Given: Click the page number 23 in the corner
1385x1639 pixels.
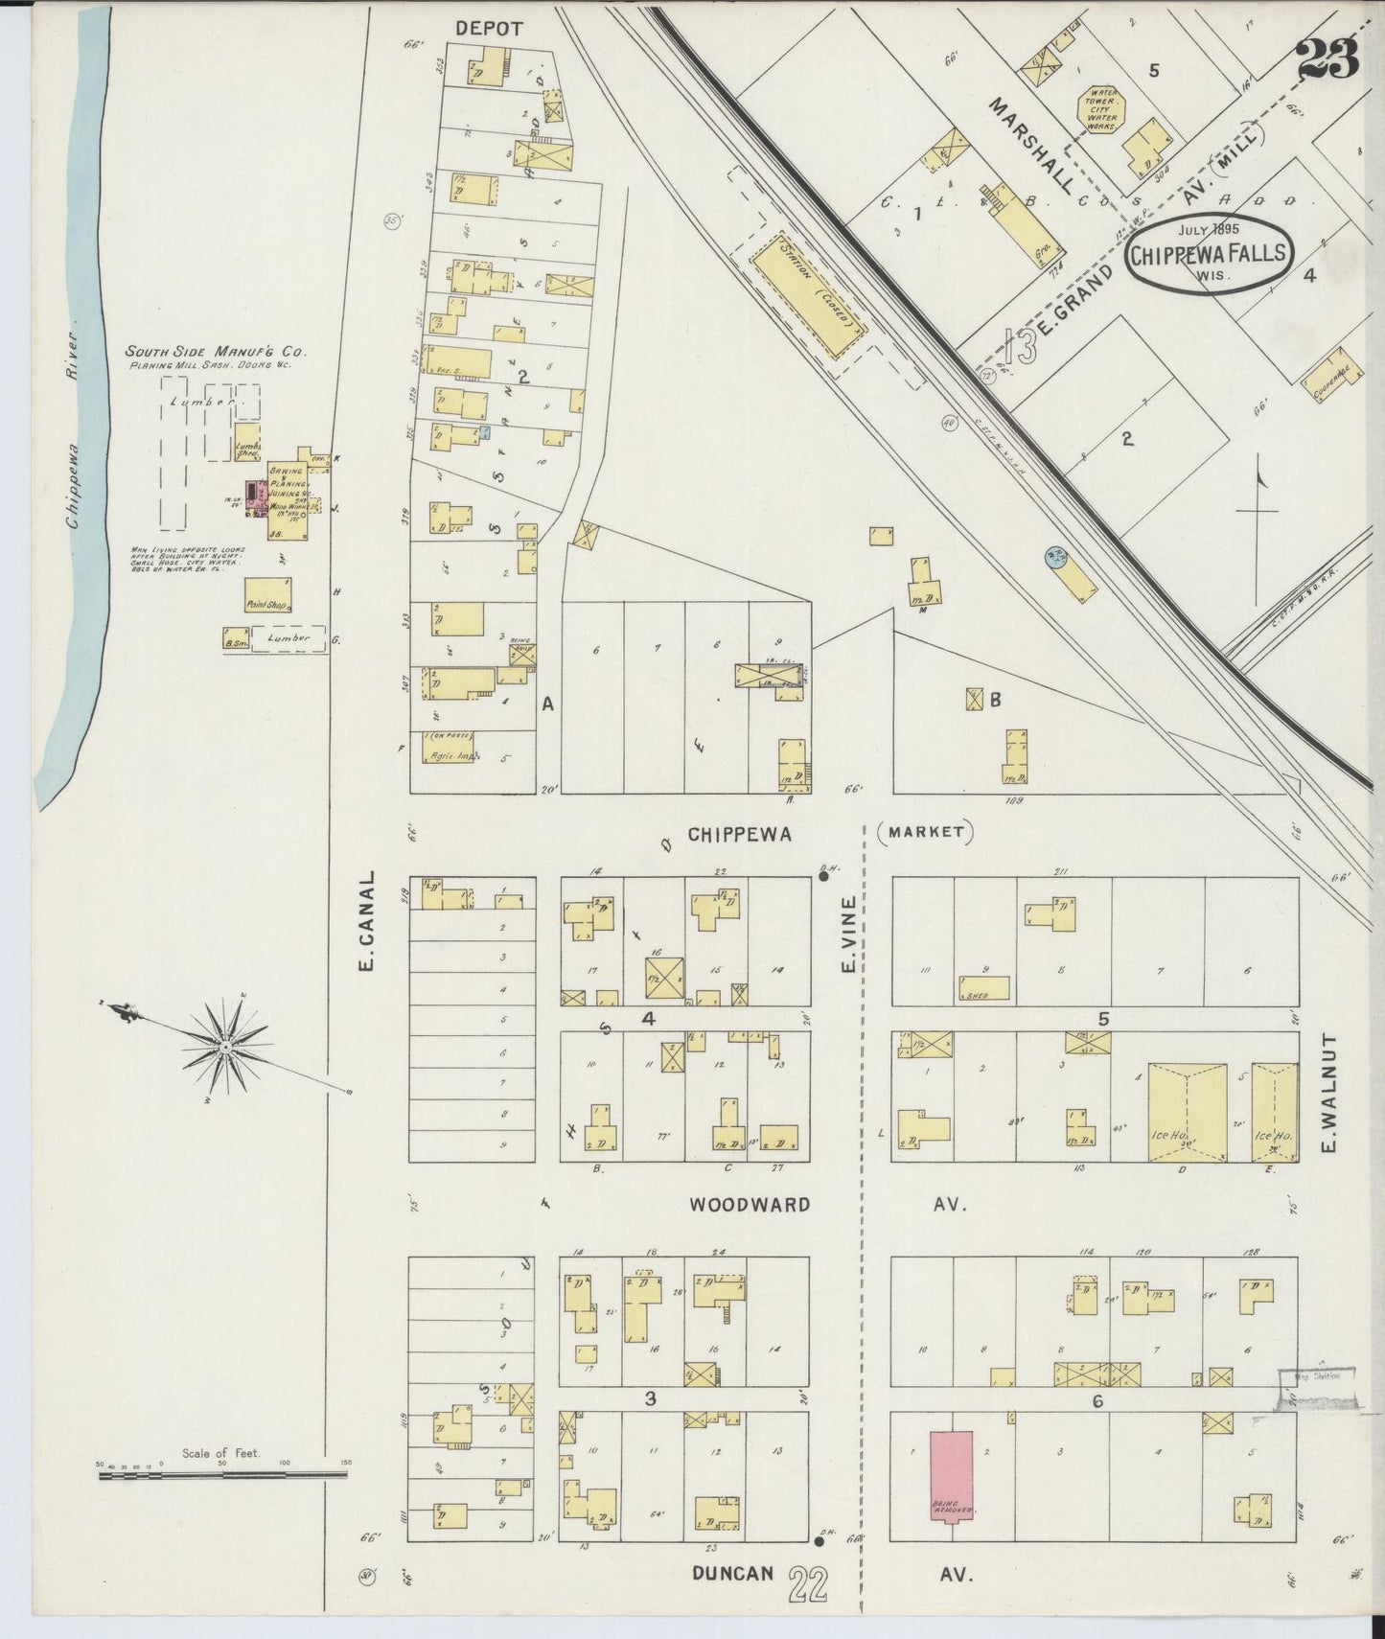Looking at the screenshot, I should tap(1328, 59).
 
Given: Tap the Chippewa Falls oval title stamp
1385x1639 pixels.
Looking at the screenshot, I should tap(1210, 253).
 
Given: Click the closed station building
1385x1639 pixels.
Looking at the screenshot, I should tap(810, 298).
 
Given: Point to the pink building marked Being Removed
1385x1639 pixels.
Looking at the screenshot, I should tap(952, 1488).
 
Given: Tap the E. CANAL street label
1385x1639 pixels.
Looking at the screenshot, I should tap(366, 921).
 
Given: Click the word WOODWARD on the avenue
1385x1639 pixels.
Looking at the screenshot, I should tap(749, 1205).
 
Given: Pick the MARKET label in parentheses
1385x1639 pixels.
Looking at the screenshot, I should tap(925, 832).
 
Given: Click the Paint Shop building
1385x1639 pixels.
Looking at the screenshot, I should tap(267, 595).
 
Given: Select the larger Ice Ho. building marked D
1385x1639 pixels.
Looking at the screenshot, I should tap(1187, 1112).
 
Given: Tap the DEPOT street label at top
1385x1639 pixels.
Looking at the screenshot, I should tap(489, 29).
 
